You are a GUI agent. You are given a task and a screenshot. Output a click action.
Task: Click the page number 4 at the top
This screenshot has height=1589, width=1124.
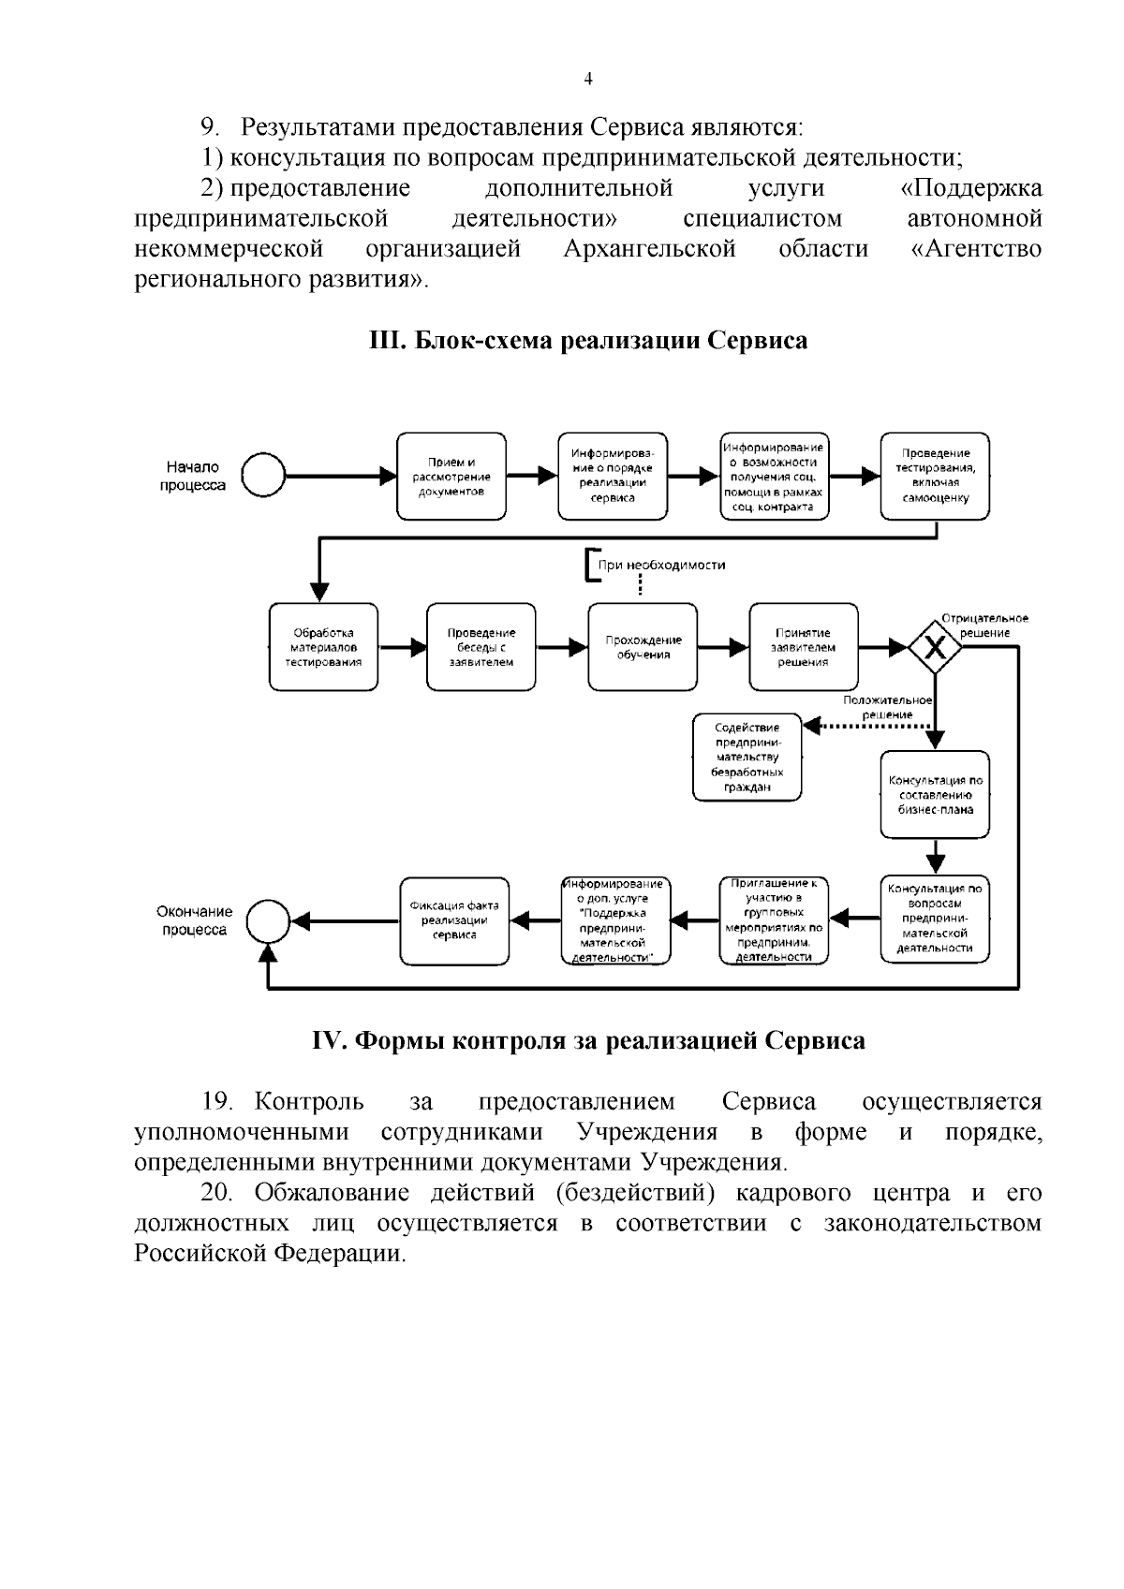587,80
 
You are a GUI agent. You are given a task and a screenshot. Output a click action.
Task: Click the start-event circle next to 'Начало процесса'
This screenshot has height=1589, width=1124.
263,476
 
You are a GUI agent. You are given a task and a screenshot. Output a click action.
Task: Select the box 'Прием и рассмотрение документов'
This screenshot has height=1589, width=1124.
451,476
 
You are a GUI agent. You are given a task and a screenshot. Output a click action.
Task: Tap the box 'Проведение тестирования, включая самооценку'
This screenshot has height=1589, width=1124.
935,476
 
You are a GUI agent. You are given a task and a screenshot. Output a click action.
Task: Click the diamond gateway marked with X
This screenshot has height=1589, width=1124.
934,647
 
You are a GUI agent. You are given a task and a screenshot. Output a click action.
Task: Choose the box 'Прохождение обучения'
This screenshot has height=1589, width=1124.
643,647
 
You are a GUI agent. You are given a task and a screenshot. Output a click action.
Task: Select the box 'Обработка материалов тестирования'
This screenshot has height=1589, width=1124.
324,647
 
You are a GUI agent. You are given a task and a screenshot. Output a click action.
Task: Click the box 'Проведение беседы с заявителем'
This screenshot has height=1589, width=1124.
481,647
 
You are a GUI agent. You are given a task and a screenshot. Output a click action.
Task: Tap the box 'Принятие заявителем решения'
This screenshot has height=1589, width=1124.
803,647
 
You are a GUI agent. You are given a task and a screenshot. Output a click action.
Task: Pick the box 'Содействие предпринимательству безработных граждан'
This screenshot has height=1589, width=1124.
747,757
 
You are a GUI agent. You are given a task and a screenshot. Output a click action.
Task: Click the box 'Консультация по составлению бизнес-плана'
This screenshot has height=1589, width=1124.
935,794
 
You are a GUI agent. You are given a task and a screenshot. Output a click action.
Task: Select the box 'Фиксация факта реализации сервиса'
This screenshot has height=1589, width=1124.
454,920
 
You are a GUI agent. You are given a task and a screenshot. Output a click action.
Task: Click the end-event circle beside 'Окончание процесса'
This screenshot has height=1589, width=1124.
268,920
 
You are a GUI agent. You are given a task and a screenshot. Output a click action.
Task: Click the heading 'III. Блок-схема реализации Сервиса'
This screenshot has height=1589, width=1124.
588,340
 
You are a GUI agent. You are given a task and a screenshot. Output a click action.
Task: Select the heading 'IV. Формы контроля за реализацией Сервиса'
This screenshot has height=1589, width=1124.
588,1040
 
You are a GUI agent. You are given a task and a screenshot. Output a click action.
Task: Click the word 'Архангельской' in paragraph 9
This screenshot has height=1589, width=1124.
650,249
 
